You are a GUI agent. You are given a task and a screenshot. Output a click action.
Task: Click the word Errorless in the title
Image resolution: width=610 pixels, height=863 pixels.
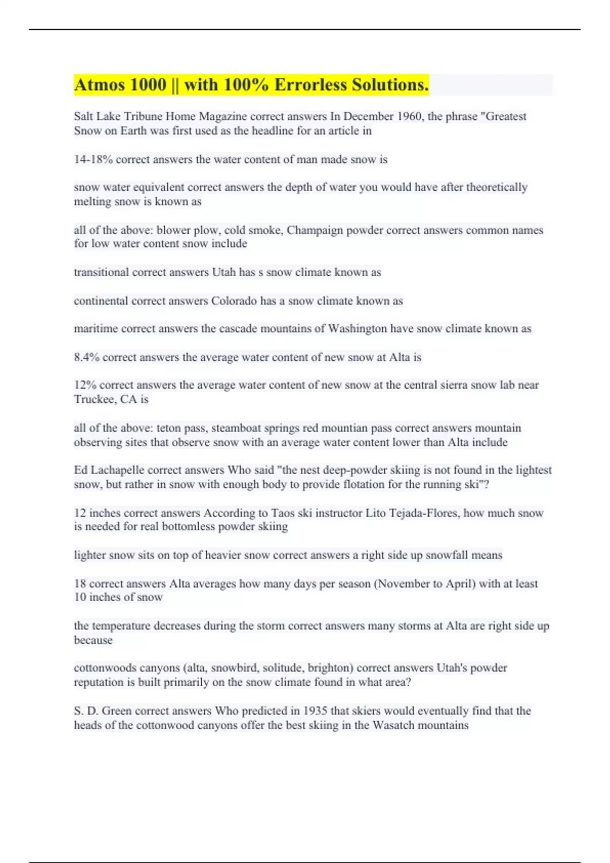311,85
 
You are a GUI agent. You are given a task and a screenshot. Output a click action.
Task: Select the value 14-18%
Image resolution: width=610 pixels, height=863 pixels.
93,159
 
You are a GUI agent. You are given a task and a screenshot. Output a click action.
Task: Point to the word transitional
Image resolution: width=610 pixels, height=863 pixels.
101,272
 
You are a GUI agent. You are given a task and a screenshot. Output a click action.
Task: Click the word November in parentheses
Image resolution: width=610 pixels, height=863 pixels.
404,583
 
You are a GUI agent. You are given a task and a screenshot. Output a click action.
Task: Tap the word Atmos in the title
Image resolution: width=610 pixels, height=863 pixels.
100,85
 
